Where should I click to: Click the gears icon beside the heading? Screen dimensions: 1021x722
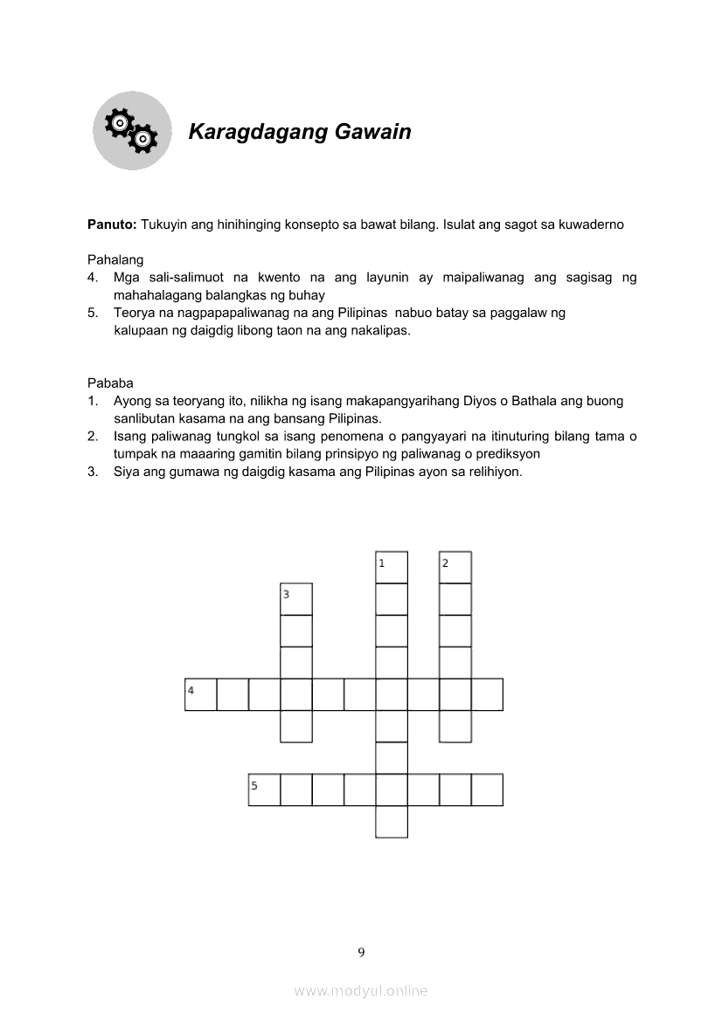coord(131,131)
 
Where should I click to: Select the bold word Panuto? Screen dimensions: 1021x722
coord(111,224)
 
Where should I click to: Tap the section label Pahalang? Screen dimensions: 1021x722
coord(115,260)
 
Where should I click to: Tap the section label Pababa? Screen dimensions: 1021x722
coord(110,383)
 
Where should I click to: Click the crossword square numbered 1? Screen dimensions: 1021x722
coord(392,567)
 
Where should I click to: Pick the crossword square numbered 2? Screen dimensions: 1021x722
coord(455,567)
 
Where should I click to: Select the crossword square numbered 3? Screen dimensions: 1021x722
coord(296,599)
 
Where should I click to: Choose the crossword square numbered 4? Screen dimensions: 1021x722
coord(200,694)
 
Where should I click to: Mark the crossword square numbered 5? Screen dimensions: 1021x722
coord(264,790)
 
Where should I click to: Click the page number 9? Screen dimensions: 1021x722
coord(361,952)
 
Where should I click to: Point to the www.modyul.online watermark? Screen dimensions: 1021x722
coord(361,991)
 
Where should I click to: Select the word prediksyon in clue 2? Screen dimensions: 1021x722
coord(507,454)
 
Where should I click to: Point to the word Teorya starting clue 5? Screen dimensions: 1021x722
coord(134,314)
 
